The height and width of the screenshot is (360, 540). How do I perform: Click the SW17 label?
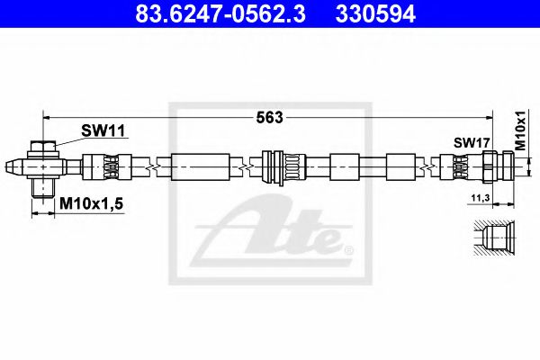[471, 142]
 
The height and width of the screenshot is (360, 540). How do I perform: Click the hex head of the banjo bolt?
[42, 147]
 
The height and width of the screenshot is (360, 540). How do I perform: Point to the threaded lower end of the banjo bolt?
[42, 189]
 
